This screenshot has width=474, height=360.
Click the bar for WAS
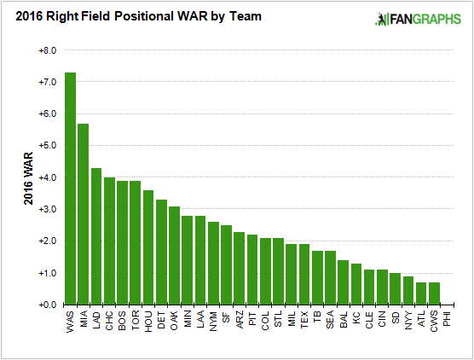(x=71, y=189)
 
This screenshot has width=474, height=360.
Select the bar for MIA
(x=84, y=214)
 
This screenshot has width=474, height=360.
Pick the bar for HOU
(x=148, y=247)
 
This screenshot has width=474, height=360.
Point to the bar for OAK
(x=174, y=255)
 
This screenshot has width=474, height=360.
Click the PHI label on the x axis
(x=448, y=320)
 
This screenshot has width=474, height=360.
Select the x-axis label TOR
(x=136, y=320)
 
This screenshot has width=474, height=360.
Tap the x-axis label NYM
(x=213, y=321)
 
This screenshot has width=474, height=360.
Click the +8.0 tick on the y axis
(x=47, y=50)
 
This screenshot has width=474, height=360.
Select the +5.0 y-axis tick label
(x=47, y=146)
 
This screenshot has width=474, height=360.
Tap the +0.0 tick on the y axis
(x=47, y=305)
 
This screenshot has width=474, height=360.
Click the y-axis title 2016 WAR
(x=29, y=177)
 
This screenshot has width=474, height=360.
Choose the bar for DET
(x=161, y=252)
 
